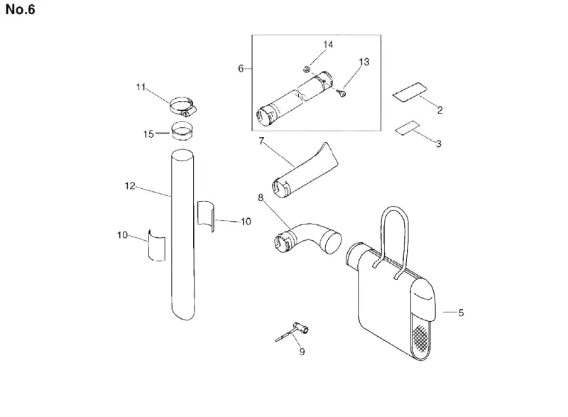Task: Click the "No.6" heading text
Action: tap(21, 9)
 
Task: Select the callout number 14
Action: tap(328, 45)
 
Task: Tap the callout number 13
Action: tap(364, 62)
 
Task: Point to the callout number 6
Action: tap(241, 68)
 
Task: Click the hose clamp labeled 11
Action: tap(182, 107)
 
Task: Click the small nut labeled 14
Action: tap(306, 69)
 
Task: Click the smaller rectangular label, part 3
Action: tap(407, 127)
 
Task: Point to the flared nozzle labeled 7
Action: tap(305, 171)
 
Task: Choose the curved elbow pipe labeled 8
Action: tap(307, 238)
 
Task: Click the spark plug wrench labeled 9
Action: tap(293, 332)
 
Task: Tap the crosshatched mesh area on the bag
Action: tap(420, 337)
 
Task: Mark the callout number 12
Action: tap(130, 186)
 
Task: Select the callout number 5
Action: tap(461, 313)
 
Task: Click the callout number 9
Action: tap(302, 352)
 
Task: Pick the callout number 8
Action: tap(261, 197)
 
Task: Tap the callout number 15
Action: tap(148, 134)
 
